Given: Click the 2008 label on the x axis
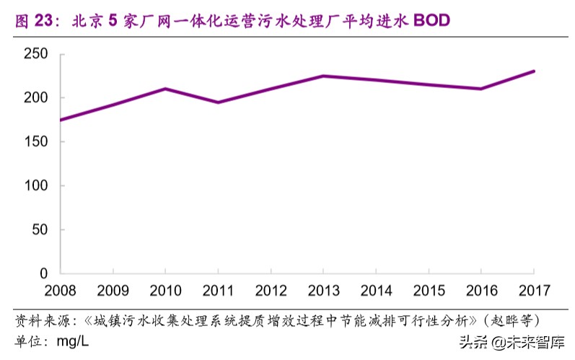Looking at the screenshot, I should click(x=61, y=291).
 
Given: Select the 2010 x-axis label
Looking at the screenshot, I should click(x=165, y=291).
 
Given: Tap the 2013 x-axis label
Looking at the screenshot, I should click(x=323, y=291).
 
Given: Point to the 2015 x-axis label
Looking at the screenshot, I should click(x=429, y=291).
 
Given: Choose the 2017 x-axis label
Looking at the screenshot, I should click(x=534, y=291).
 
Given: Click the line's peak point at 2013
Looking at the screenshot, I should click(x=323, y=76).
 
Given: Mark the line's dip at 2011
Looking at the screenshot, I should click(x=218, y=102).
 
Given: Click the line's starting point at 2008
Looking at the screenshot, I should click(x=61, y=120).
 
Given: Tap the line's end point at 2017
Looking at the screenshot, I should click(x=534, y=71).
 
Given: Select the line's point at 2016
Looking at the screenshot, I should click(x=481, y=89).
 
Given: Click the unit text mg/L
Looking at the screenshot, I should click(x=73, y=338).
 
